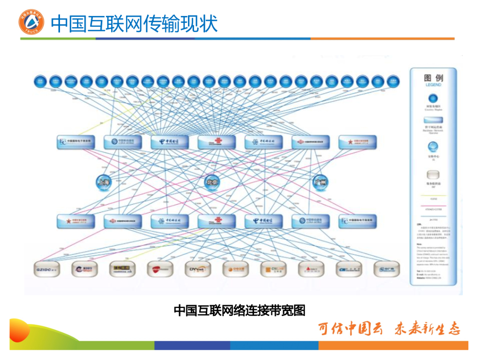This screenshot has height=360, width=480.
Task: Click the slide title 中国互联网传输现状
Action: [x=134, y=23]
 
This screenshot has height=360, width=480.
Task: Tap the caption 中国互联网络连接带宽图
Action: [x=240, y=310]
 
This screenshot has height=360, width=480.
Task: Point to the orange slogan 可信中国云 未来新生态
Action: [x=389, y=329]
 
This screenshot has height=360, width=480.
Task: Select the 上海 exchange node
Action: [x=104, y=182]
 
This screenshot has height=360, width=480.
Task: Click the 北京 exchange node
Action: [x=212, y=182]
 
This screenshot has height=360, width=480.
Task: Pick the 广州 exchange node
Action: [x=320, y=182]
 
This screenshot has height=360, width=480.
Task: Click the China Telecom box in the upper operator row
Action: [x=170, y=142]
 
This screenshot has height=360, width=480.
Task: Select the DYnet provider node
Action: [x=197, y=270]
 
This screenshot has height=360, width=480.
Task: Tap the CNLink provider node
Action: [x=273, y=270]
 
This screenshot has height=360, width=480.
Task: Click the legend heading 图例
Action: [x=433, y=78]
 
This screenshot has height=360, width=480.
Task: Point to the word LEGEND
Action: [x=433, y=85]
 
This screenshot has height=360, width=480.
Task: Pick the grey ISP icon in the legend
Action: [x=433, y=175]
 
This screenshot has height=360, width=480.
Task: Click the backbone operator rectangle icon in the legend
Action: [x=433, y=120]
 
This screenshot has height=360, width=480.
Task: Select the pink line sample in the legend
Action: [x=433, y=206]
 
